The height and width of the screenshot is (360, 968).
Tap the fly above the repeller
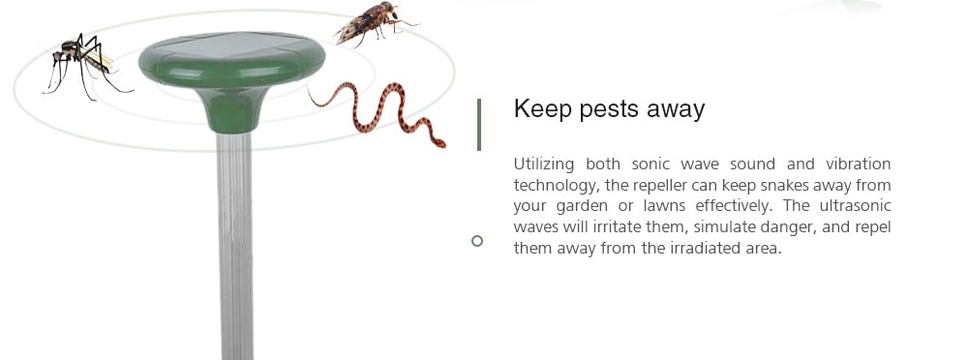[375, 22]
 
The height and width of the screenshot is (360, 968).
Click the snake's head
[439, 143]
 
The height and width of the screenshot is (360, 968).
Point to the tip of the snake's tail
[308, 88]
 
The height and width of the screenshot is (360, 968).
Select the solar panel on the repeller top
[231, 45]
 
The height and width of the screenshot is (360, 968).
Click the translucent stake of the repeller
[234, 246]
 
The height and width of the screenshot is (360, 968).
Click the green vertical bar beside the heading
[479, 124]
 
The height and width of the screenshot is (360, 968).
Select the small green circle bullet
[476, 241]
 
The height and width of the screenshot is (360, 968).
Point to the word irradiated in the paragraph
[705, 249]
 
